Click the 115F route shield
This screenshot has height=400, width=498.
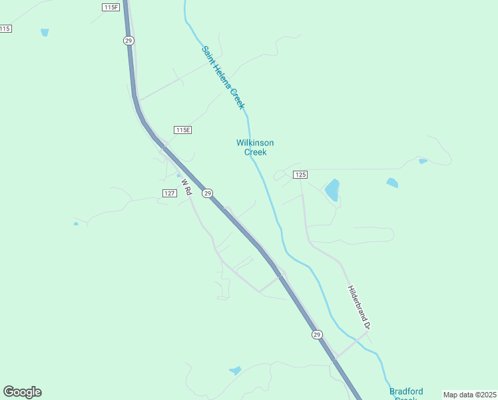pyautogui.click(x=111, y=7)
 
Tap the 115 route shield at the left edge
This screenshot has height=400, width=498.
pyautogui.click(x=5, y=28)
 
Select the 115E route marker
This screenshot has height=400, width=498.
pyautogui.click(x=182, y=129)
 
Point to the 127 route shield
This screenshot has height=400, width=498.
pyautogui.click(x=169, y=193)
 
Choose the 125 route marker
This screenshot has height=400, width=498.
pyautogui.click(x=300, y=174)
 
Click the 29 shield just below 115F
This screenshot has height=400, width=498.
pyautogui.click(x=128, y=41)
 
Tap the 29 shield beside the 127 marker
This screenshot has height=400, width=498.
pyautogui.click(x=208, y=193)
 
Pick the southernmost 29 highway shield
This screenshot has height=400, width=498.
pyautogui.click(x=317, y=334)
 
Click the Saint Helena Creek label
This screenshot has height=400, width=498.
pyautogui.click(x=224, y=77)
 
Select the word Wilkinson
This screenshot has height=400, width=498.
pyautogui.click(x=255, y=143)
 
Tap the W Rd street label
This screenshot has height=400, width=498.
pyautogui.click(x=186, y=186)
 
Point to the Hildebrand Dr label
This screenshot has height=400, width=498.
pyautogui.click(x=360, y=307)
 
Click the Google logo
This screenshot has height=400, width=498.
pyautogui.click(x=22, y=391)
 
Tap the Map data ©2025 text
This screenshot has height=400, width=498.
pyautogui.click(x=469, y=395)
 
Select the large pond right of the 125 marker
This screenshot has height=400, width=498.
pyautogui.click(x=332, y=190)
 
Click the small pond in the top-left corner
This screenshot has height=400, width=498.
pyautogui.click(x=45, y=32)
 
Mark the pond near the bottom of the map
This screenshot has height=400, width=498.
pyautogui.click(x=234, y=370)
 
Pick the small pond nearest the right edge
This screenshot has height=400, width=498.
pyautogui.click(x=422, y=161)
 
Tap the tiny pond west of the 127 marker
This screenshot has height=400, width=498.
pyautogui.click(x=76, y=223)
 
